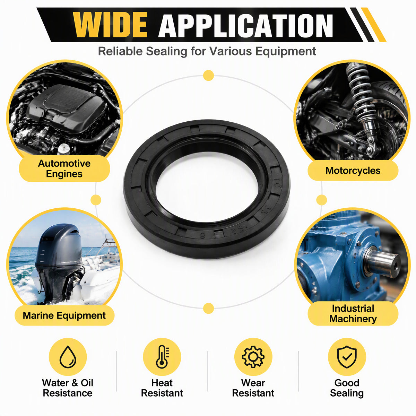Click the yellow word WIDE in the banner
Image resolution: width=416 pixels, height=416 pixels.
click(x=110, y=25)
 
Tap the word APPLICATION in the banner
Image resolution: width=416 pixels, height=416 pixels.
click(x=246, y=26)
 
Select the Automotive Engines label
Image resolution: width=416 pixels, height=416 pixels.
click(x=64, y=168)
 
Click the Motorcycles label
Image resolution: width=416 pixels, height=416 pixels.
click(x=353, y=171)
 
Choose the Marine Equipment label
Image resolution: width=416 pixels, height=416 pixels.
click(x=64, y=315)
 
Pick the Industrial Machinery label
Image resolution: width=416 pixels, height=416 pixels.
click(x=353, y=313)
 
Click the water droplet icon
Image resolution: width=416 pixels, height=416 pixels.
click(x=68, y=357)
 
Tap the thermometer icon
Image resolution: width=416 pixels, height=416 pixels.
click(x=162, y=357)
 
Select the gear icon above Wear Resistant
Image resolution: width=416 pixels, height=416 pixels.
click(x=253, y=357)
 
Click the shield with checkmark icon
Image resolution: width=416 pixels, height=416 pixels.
click(x=347, y=357)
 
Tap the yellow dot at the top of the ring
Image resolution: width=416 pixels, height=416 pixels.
click(x=209, y=76)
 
